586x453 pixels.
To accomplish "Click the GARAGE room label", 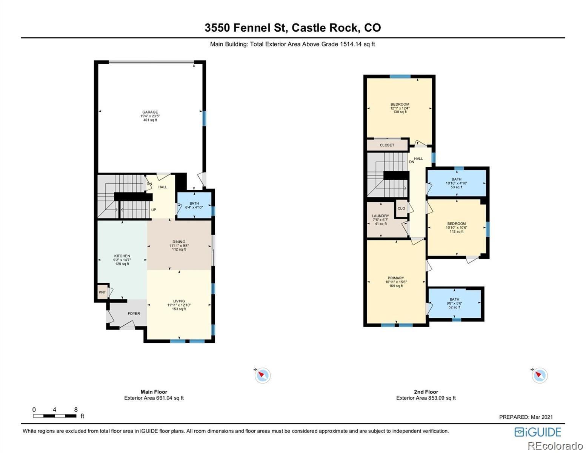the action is click(x=150, y=112).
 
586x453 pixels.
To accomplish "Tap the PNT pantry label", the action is click(x=102, y=292).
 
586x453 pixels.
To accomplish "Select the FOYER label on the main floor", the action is click(x=134, y=313).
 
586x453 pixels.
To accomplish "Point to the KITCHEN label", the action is click(x=122, y=256).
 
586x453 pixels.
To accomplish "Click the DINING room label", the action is click(x=179, y=242).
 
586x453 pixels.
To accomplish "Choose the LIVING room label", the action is click(x=179, y=301).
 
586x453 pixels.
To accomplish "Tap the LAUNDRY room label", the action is click(x=380, y=216).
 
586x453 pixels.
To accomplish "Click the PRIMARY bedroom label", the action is click(x=396, y=278).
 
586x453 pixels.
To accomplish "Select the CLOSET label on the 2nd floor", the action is click(x=387, y=145).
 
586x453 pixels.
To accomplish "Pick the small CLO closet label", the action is click(x=401, y=208).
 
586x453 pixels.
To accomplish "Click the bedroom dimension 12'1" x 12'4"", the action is click(x=400, y=108).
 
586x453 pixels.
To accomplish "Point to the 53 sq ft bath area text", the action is click(x=456, y=187).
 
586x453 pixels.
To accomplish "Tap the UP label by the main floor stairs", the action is click(x=154, y=210).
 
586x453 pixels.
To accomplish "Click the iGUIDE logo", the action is click(x=538, y=432).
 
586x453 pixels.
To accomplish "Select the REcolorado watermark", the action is click(x=555, y=445).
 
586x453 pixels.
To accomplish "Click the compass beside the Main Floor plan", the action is click(x=262, y=375).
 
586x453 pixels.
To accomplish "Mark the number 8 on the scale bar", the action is click(x=76, y=410).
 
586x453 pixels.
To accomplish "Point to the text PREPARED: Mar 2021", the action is click(x=526, y=417).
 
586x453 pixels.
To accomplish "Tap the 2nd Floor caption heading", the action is click(x=426, y=392).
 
